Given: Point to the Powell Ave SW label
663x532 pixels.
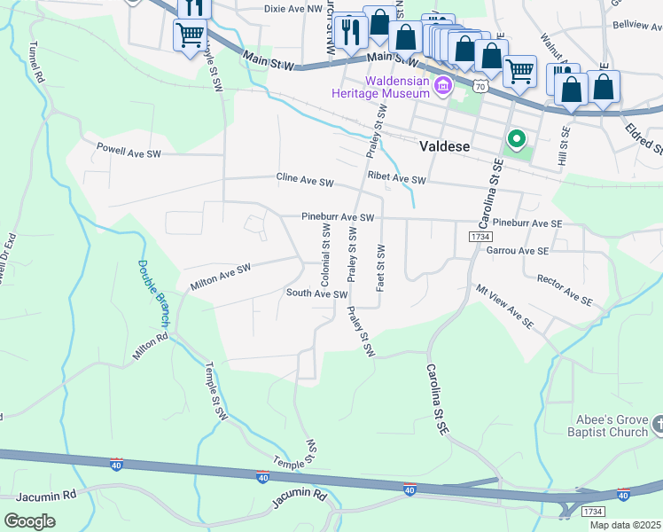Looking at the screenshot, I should pos(129,153).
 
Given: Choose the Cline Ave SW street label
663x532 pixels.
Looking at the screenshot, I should pos(304,181).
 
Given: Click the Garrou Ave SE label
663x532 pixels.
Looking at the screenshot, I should pos(518,251).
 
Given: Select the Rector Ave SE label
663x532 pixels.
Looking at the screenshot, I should pos(565,290).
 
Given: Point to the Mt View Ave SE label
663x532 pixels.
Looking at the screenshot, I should pos(504,305).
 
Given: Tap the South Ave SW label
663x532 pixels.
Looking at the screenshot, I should pos(316,293).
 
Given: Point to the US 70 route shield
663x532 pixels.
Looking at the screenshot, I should pos(480,87).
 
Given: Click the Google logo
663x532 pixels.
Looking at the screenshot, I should pos(29,521).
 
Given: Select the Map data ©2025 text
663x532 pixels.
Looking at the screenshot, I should pos(625,525).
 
